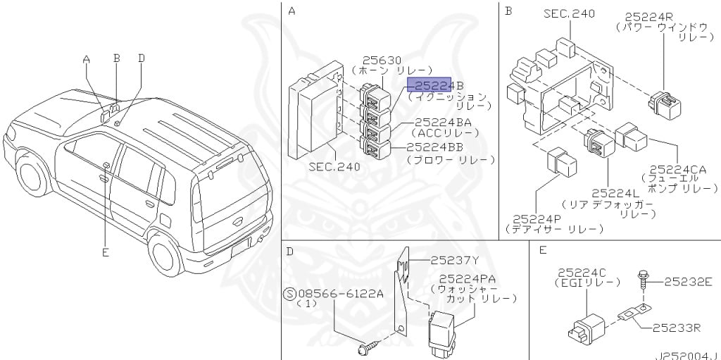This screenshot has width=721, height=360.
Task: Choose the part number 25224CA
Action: [678, 169]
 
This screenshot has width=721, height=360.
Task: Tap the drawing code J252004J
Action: [691, 356]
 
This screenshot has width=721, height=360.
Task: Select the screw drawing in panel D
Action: [369, 347]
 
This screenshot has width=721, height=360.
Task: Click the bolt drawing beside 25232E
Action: [644, 280]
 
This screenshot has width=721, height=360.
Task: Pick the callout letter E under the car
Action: [106, 253]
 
